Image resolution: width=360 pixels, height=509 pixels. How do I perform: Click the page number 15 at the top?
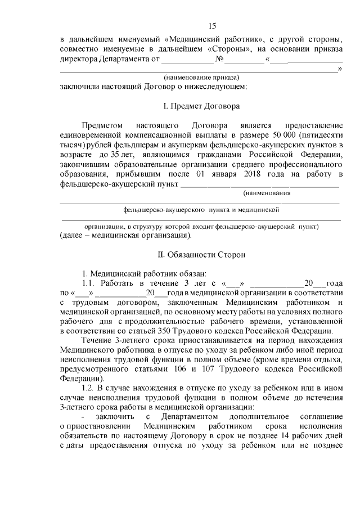click(x=211, y=26)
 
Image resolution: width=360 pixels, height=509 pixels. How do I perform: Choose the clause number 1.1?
click(x=89, y=282)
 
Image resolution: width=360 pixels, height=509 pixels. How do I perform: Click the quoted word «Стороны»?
click(x=226, y=49)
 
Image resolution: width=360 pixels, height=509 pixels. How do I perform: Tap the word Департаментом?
click(x=187, y=417)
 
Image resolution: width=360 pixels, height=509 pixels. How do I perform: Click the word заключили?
click(x=79, y=87)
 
